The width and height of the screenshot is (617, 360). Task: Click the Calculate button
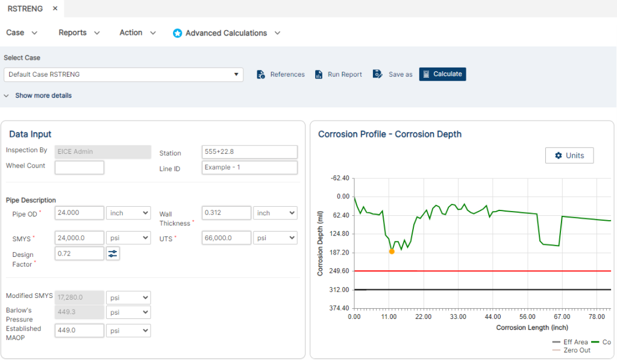pos(442,74)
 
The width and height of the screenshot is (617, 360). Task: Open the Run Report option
pos(339,74)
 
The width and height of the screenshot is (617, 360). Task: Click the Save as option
pos(393,74)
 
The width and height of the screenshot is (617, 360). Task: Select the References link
pos(281,74)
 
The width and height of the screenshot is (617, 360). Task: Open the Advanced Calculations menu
pos(227,33)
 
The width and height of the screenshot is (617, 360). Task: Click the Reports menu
pos(79,33)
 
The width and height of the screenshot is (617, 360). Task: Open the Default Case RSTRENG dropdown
pos(124,74)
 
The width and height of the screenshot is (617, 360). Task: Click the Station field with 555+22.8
pos(249,153)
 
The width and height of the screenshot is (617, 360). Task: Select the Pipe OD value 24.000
pos(79,213)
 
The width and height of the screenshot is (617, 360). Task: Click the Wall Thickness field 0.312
pos(226,213)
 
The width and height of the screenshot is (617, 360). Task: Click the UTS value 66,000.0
pos(226,238)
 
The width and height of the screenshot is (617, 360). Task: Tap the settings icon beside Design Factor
pos(113,253)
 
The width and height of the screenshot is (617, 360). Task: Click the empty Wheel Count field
pos(79,167)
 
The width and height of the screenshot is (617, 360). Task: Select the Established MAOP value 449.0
pos(79,330)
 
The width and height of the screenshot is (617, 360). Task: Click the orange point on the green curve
pos(392,251)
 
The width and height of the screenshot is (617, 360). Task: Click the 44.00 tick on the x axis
pos(493,317)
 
